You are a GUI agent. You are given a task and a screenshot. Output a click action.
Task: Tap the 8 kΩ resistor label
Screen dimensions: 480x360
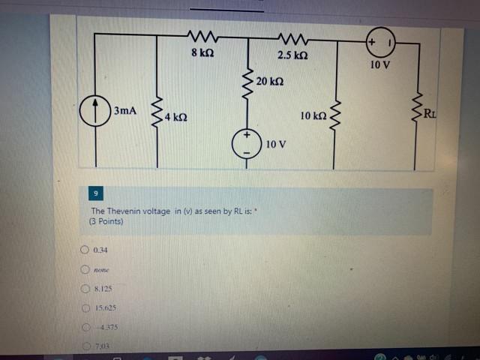click(202, 53)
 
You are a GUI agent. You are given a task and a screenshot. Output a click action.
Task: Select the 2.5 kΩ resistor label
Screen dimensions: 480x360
click(292, 55)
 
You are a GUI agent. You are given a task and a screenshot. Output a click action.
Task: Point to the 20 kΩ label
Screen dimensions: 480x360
click(269, 80)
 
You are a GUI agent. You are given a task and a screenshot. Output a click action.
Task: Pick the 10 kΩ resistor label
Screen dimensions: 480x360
click(313, 115)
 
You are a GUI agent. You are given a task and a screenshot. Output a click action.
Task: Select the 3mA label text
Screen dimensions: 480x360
click(125, 111)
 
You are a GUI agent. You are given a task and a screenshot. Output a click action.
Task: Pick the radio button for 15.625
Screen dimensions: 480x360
click(85, 307)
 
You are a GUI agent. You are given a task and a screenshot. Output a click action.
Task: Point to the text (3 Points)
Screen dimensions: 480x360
click(106, 221)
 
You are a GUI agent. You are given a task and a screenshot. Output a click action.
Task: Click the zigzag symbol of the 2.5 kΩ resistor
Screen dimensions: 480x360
click(289, 37)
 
